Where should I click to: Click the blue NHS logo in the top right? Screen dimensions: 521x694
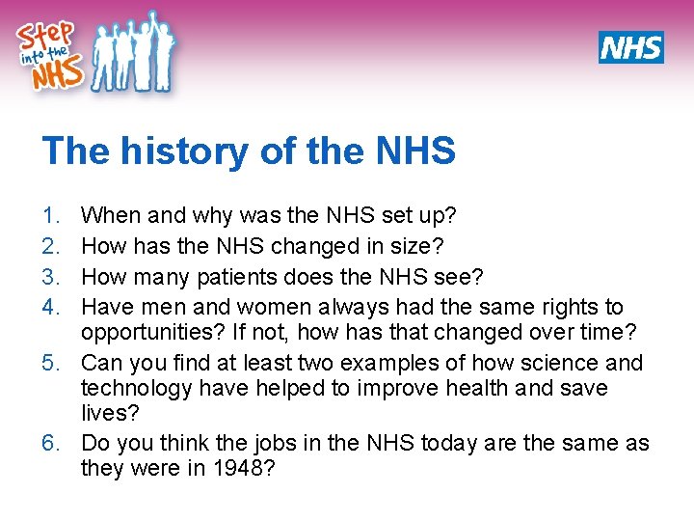pos(630,47)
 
